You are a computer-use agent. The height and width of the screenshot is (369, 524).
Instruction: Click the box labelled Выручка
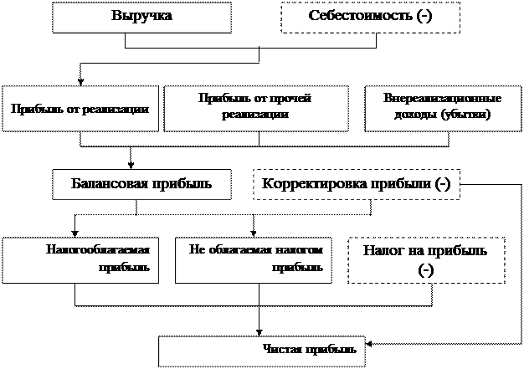tap(141, 17)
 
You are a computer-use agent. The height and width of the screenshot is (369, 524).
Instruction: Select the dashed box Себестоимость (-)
tap(370, 17)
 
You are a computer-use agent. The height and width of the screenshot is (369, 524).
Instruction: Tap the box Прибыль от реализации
tap(80, 109)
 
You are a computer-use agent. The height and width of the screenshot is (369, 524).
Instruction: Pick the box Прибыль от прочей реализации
tap(256, 108)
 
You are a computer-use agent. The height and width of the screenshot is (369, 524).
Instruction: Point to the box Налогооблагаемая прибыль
tap(80, 259)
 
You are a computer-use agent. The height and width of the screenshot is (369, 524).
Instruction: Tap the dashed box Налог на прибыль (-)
tap(426, 260)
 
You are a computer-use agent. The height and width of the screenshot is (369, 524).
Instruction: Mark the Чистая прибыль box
tap(261, 349)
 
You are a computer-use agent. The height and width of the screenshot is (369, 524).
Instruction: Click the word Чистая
tap(280, 349)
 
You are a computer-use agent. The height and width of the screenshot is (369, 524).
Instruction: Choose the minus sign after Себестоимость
tap(427, 17)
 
